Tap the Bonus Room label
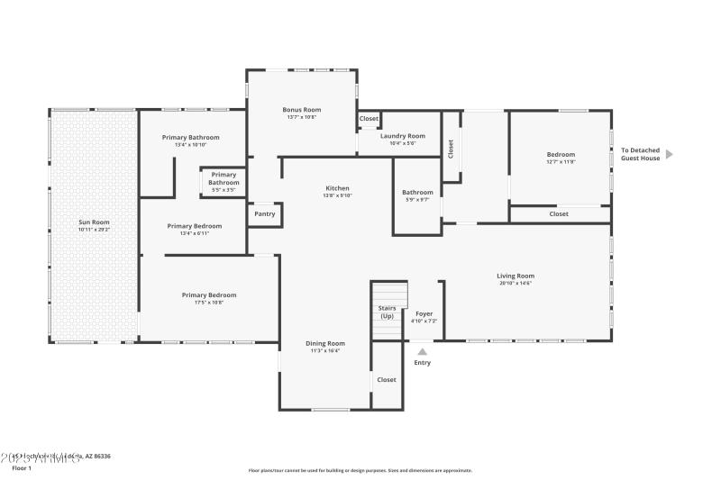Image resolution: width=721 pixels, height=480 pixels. tap(301, 109)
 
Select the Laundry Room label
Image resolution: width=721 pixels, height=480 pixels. tap(402, 136)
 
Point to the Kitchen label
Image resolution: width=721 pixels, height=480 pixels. tap(337, 188)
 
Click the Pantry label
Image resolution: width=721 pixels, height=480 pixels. tap(264, 213)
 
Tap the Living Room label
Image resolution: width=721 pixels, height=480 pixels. tap(516, 276)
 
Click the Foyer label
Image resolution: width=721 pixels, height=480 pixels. tap(424, 313)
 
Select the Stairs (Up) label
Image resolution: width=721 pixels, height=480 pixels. tap(387, 312)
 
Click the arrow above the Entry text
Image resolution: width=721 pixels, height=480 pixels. tap(422, 351)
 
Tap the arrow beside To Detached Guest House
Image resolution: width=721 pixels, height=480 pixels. tap(669, 154)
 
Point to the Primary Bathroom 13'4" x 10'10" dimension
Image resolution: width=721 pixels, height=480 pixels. tap(191, 145)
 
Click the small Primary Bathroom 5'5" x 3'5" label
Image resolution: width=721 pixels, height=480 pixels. tap(224, 178)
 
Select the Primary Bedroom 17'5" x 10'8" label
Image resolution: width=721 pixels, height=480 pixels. tap(209, 295)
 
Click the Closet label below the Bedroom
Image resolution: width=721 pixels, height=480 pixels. tap(559, 214)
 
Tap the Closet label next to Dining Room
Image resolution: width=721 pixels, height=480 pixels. tap(386, 380)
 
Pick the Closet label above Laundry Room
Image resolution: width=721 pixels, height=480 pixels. tap(369, 119)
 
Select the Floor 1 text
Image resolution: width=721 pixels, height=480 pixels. tap(21, 468)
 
